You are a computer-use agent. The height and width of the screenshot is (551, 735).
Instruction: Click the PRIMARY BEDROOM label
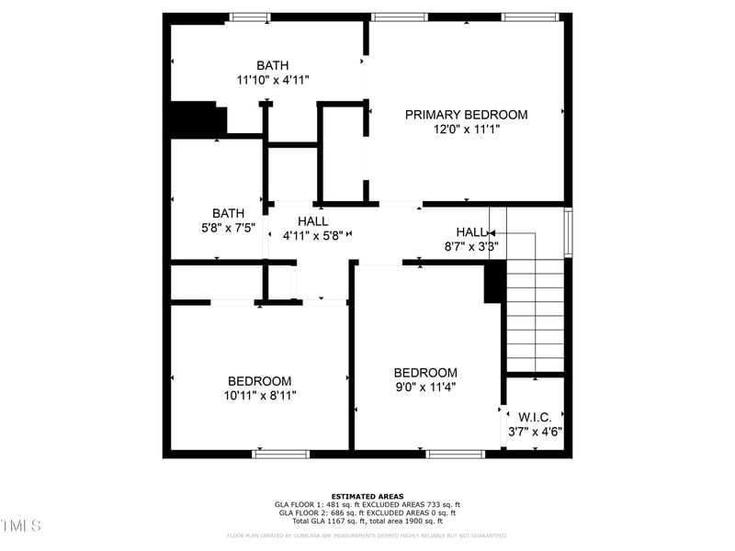click(x=467, y=115)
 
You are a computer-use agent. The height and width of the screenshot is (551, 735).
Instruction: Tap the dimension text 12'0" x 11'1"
click(x=467, y=129)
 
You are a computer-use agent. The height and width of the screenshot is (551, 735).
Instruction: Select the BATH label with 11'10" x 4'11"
click(x=273, y=65)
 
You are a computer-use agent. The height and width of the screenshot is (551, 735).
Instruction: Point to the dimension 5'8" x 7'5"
click(x=228, y=228)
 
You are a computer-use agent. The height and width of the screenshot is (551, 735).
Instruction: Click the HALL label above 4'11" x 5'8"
click(x=312, y=221)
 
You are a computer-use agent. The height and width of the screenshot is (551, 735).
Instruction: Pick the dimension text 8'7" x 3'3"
click(x=470, y=246)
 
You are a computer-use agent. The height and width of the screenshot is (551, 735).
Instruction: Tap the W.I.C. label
click(x=535, y=417)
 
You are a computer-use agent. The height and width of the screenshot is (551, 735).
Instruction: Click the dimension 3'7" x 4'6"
click(x=535, y=432)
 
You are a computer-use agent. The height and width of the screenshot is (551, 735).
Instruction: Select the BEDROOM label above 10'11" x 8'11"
click(x=260, y=381)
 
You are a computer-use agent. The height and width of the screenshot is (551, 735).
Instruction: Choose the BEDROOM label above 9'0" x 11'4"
click(x=425, y=372)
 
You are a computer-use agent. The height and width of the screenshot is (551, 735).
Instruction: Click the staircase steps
click(x=535, y=312)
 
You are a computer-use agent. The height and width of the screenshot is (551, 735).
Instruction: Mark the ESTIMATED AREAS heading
click(x=367, y=497)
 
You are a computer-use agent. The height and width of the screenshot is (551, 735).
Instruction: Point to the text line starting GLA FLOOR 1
click(x=367, y=505)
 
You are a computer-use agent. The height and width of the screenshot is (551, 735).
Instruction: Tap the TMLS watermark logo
click(x=20, y=525)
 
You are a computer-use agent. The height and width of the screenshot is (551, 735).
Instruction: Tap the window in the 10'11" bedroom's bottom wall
click(x=281, y=454)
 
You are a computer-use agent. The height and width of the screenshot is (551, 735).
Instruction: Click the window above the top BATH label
click(x=250, y=17)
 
